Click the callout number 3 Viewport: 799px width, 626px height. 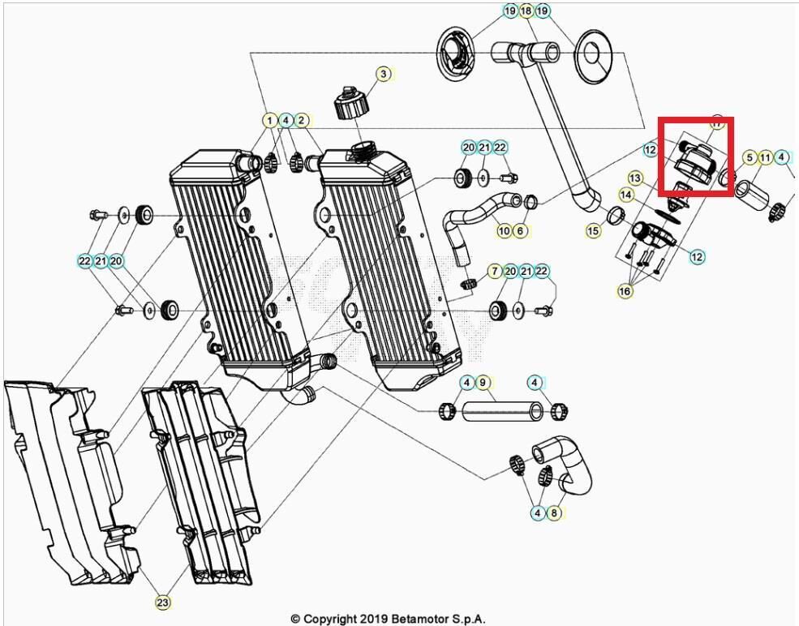pyautogui.click(x=383, y=74)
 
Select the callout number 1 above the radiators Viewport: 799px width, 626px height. pyautogui.click(x=268, y=120)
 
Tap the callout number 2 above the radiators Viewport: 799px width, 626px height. pyautogui.click(x=301, y=120)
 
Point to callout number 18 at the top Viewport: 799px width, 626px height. pyautogui.click(x=526, y=11)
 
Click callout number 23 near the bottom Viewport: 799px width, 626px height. pyautogui.click(x=162, y=602)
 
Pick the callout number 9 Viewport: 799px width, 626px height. pyautogui.click(x=482, y=382)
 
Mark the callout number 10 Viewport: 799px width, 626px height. pyautogui.click(x=504, y=231)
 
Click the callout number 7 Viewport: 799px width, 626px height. pyautogui.click(x=493, y=270)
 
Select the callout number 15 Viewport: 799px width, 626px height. pyautogui.click(x=594, y=231)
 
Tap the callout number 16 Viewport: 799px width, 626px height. pyautogui.click(x=625, y=290)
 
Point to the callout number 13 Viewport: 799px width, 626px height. pyautogui.click(x=634, y=178)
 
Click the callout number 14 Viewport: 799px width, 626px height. pyautogui.click(x=626, y=195)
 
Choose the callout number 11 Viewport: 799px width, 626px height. pyautogui.click(x=765, y=157)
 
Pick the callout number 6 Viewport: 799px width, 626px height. pyautogui.click(x=520, y=231)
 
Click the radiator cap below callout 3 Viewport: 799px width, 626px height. pyautogui.click(x=350, y=105)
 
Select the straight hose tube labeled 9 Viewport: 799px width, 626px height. pyautogui.click(x=501, y=412)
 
